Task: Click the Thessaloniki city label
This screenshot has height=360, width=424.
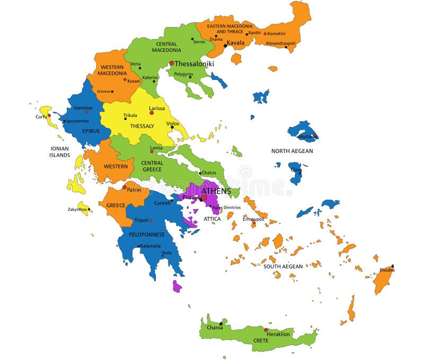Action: (x=195, y=64)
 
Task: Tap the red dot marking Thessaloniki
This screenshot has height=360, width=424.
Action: (x=172, y=63)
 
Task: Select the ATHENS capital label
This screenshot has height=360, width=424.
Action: (x=216, y=191)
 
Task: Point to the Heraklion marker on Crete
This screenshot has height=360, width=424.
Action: (x=266, y=329)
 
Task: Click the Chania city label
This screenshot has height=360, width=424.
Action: (x=215, y=328)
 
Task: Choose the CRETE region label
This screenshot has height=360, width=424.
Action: (x=260, y=340)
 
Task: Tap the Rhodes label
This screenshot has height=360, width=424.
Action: (x=387, y=270)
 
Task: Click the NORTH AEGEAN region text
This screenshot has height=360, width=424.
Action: (x=292, y=151)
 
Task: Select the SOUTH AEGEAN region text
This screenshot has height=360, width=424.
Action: (x=283, y=266)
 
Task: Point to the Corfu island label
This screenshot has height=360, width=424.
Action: (x=41, y=116)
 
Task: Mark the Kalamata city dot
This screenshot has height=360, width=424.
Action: (x=139, y=246)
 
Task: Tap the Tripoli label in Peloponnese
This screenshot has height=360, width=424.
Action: (x=141, y=220)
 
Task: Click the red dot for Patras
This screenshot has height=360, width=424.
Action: (x=125, y=187)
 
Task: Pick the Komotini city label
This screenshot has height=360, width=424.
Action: (x=276, y=34)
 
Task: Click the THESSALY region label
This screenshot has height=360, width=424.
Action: (x=142, y=126)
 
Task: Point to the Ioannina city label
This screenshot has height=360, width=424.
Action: (x=83, y=107)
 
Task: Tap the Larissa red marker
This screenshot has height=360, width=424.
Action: (x=152, y=113)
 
